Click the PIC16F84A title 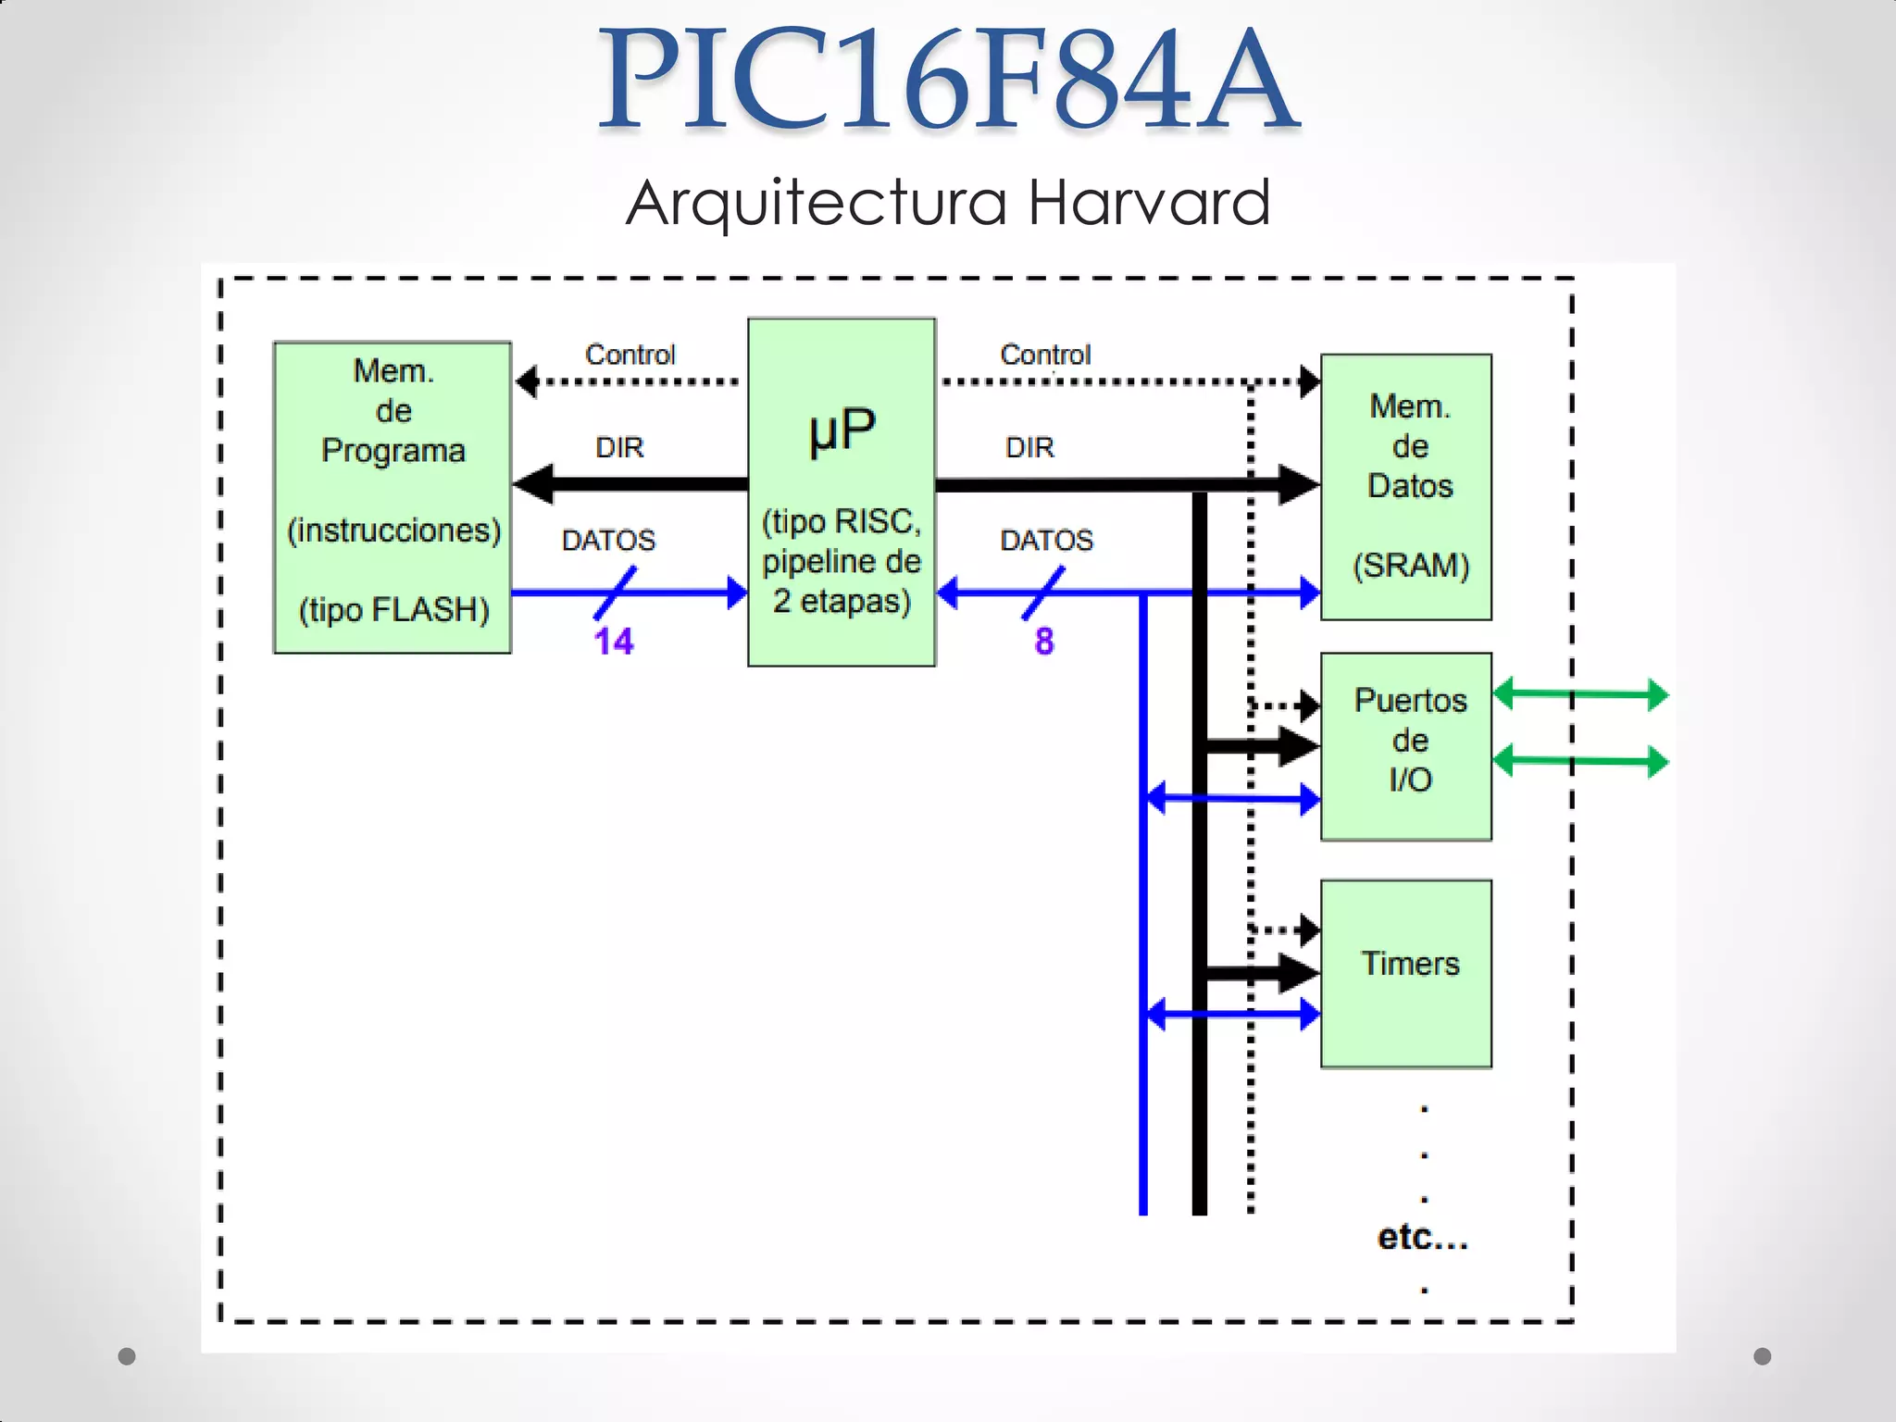coord(948,81)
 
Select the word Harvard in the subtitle coord(1149,202)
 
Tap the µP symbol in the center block coord(842,431)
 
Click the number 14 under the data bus coord(613,642)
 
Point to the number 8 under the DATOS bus coord(1044,641)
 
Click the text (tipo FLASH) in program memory coord(393,610)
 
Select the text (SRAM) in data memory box coord(1410,565)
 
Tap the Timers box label coord(1409,964)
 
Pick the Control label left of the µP coord(630,355)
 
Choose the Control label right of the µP coord(1045,355)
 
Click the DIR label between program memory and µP coord(619,448)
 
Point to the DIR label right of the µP coord(1029,448)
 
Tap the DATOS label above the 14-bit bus coord(608,541)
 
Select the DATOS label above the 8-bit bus coord(1046,541)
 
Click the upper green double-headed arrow coord(1581,693)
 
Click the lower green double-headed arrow coord(1581,761)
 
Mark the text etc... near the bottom coord(1422,1237)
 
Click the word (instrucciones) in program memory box coord(393,530)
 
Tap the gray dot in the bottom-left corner coord(127,1356)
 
